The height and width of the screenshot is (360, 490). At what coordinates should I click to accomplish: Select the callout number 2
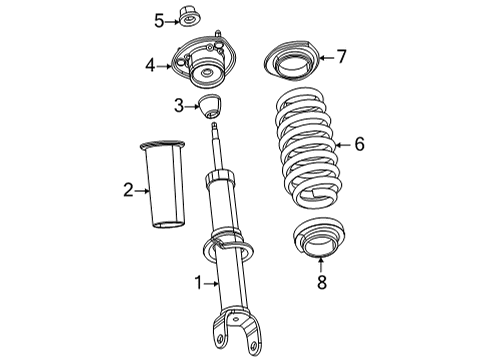[128, 189]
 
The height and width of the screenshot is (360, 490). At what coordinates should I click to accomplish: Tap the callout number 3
[177, 105]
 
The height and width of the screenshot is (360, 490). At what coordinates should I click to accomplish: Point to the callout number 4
[150, 66]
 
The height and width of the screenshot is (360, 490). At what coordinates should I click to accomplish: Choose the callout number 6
[358, 145]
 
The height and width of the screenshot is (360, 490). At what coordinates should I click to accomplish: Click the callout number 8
[320, 283]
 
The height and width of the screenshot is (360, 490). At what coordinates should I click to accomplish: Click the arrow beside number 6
[340, 145]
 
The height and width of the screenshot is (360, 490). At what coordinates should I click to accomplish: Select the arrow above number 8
[320, 264]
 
